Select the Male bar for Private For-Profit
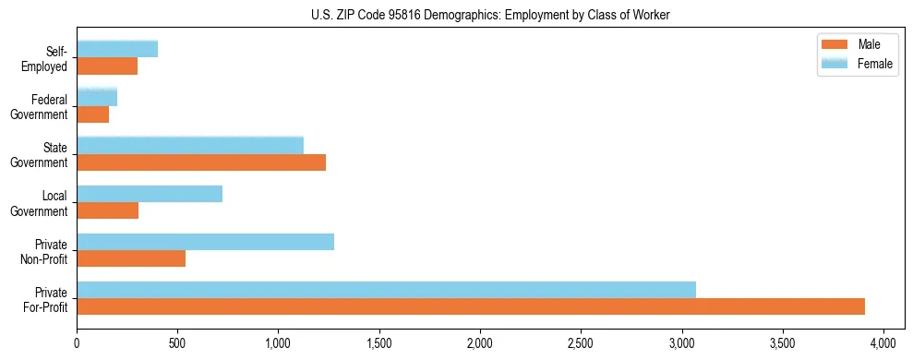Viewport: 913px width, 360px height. (471, 306)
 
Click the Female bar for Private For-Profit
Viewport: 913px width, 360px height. (386, 290)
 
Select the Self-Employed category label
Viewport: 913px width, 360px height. (49, 59)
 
